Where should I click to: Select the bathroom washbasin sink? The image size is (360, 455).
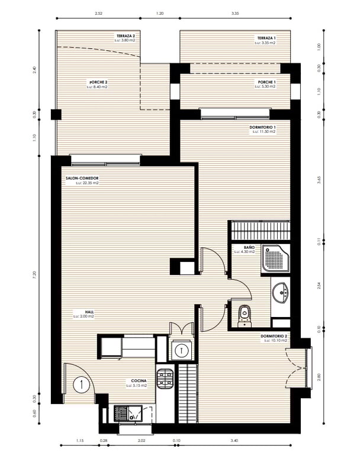coord(281,292)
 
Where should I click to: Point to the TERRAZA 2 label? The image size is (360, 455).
coord(125,36)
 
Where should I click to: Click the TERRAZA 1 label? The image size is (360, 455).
coord(266,37)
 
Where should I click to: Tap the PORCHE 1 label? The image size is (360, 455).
coord(266,82)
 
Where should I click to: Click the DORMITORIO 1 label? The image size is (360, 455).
coord(263,127)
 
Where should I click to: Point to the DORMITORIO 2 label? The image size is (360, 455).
coord(274,336)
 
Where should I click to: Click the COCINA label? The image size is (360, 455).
coord(139,381)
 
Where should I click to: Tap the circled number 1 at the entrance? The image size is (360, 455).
coord(79,384)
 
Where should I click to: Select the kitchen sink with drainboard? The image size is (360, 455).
coord(128,412)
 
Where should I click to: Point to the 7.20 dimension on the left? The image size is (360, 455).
coord(35,274)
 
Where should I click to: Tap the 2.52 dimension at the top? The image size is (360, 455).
coord(98,12)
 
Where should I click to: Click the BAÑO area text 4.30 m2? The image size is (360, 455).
coord(244,252)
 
